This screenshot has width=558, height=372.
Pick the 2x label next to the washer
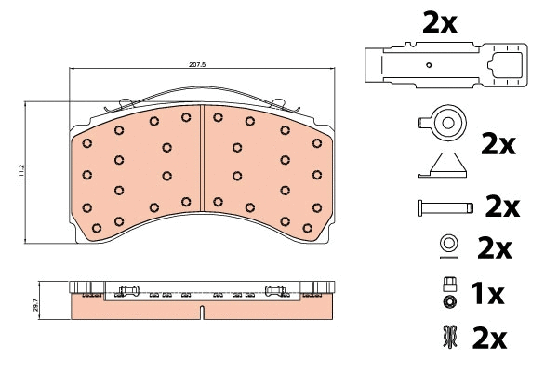[494, 248]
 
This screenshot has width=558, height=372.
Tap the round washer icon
[448, 245]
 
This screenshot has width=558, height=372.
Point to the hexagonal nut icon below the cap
[449, 303]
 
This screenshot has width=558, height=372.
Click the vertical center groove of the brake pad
[202, 173]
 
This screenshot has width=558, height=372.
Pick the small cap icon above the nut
[449, 285]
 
